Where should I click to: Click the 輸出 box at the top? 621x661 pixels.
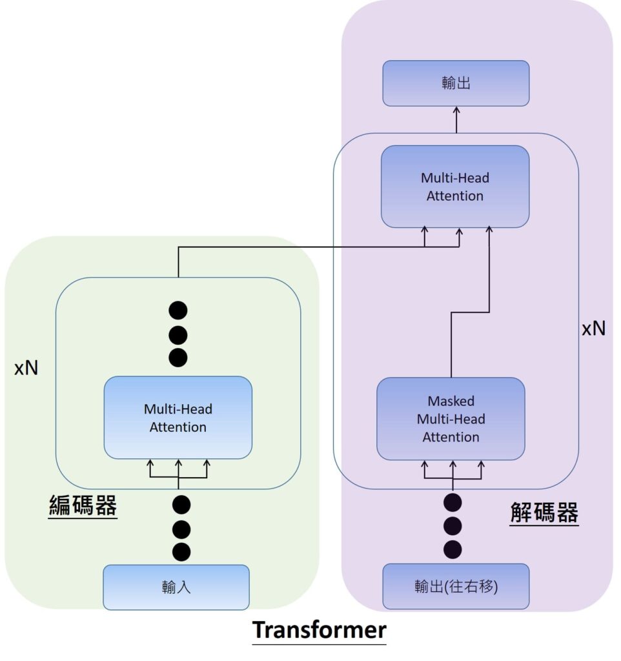point(456,83)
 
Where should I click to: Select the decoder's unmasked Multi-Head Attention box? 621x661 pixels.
point(455,187)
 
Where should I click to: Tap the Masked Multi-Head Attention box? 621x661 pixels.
point(451,419)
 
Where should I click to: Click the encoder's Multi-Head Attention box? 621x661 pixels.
point(178,418)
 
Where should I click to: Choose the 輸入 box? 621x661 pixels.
point(176,587)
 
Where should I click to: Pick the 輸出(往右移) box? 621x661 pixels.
point(456,587)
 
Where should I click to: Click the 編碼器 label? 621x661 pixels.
point(83,506)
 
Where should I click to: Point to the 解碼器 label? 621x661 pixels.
point(544,514)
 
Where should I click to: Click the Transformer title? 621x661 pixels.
point(319,629)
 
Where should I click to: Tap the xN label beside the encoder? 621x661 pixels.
point(26,369)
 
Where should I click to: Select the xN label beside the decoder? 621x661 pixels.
point(594,329)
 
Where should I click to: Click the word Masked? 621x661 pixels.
point(451,401)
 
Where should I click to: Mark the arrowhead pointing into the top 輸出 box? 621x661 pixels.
point(456,110)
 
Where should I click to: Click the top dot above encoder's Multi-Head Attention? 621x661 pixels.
point(178,310)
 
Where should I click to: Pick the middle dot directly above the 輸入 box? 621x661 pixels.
point(182,529)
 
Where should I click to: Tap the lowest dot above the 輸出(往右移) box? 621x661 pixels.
point(453,549)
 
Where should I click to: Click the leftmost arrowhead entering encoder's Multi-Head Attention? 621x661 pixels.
point(150,463)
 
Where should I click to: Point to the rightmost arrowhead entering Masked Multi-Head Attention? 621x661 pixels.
point(481,464)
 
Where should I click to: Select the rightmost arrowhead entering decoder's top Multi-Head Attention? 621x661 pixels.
point(489,231)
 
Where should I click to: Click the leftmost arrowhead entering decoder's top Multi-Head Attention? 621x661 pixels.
point(425,231)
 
